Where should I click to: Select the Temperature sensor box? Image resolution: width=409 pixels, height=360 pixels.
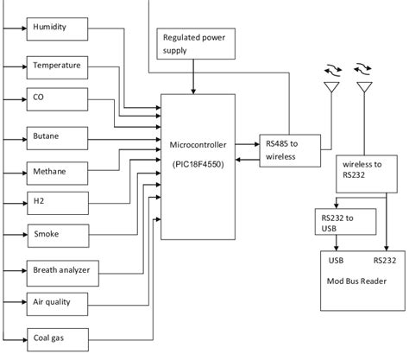coord(57,66)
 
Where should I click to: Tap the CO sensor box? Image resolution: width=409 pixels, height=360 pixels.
coord(57,98)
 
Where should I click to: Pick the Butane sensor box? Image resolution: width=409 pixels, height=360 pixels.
coord(57,136)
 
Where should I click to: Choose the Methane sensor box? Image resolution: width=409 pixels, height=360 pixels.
coord(57,171)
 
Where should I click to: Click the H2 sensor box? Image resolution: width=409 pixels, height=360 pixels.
coord(57,203)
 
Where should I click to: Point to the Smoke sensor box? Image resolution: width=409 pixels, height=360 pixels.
coord(57,234)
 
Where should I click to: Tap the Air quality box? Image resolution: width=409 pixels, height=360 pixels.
coord(57,301)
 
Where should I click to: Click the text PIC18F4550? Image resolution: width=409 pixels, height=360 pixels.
coord(198,163)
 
